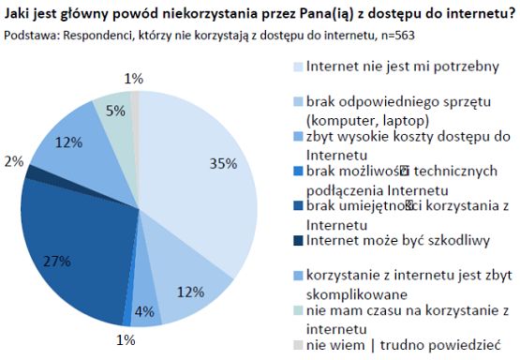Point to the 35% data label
click(x=222, y=163)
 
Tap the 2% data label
click(x=12, y=161)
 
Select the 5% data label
click(x=115, y=112)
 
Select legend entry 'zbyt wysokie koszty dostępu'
click(x=389, y=137)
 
